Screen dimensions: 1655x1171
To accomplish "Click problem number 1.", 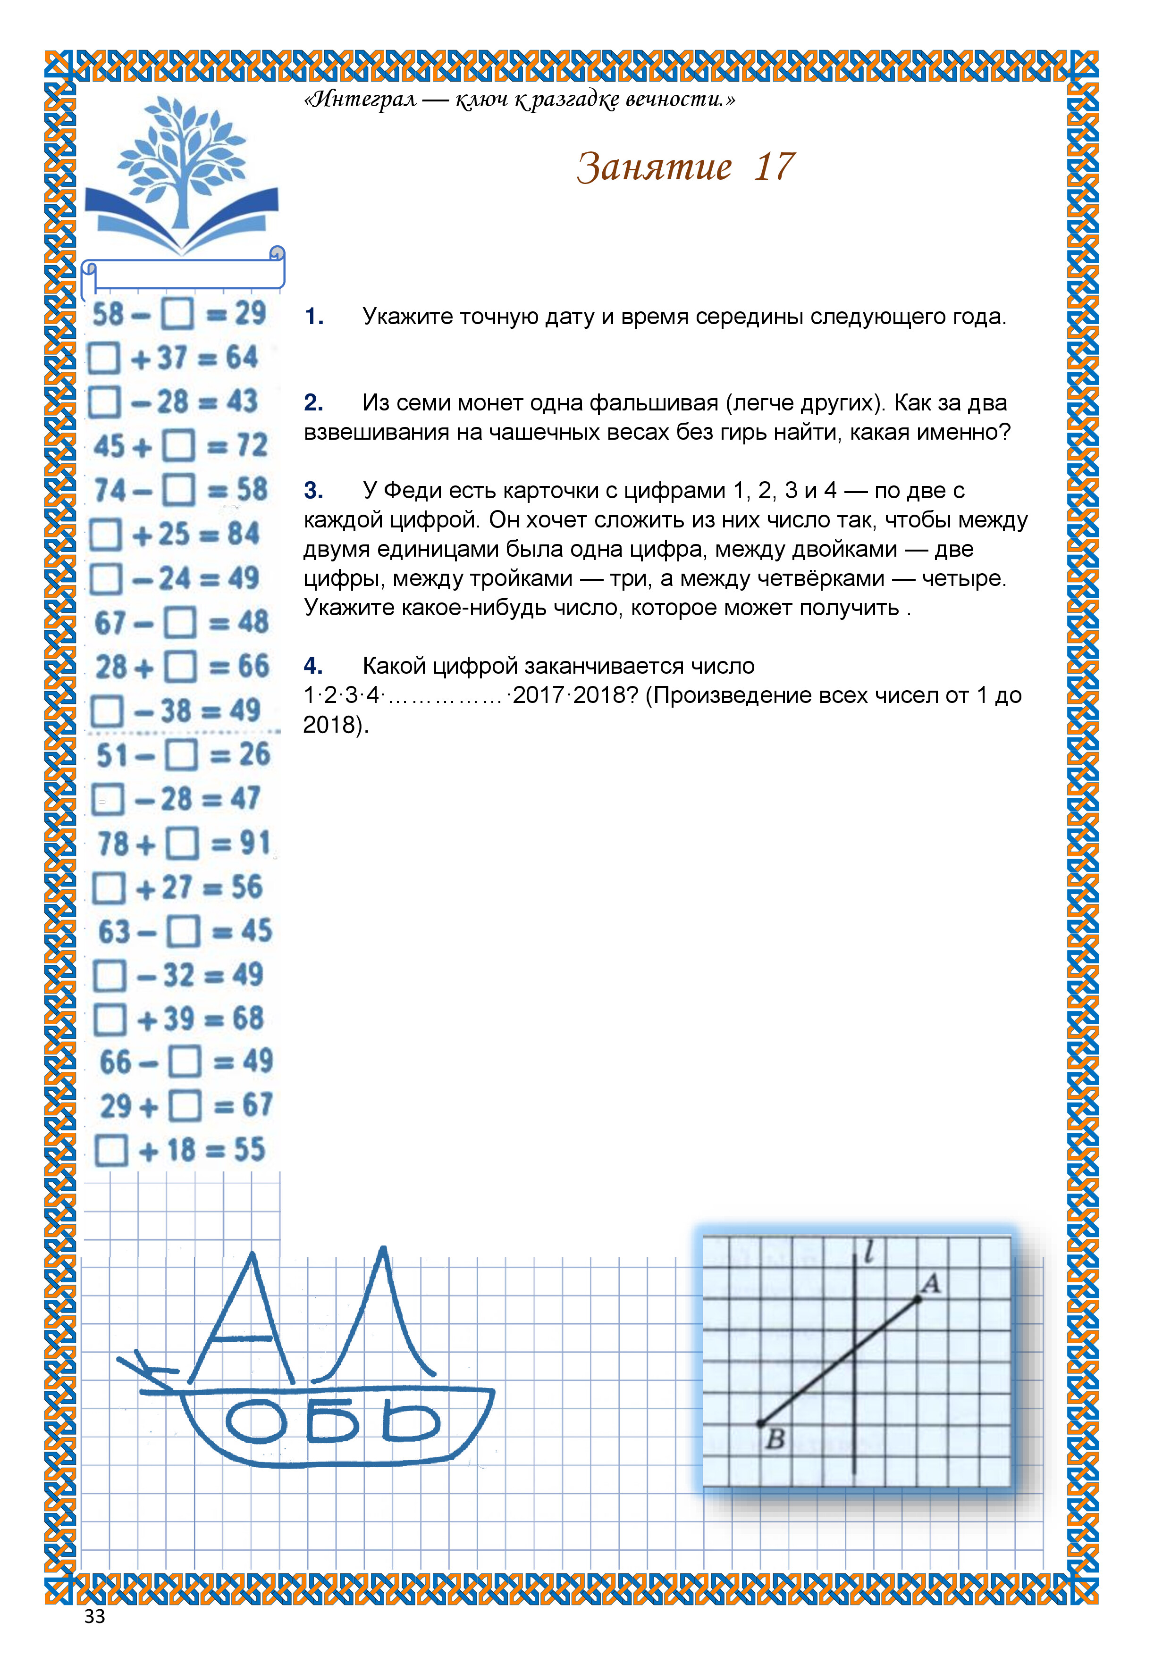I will tap(314, 317).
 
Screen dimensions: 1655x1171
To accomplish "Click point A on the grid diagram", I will tap(917, 1300).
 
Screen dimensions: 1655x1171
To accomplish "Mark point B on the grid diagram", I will tap(761, 1424).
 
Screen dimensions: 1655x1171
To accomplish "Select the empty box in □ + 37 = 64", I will tap(104, 358).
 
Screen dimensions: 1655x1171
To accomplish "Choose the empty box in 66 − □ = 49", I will tap(185, 1062).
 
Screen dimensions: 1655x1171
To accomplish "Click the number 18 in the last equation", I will tap(181, 1150).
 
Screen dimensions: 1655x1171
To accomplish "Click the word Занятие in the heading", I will tap(655, 167).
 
